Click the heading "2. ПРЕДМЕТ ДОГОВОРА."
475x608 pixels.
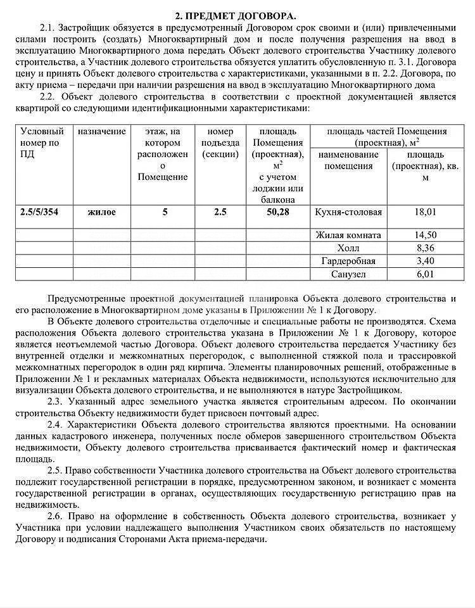click(236, 15)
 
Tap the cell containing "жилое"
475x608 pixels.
click(101, 212)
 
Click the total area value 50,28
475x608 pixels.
click(277, 212)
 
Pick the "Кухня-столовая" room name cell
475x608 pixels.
click(348, 212)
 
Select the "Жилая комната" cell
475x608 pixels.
click(348, 235)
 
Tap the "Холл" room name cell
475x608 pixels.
click(348, 248)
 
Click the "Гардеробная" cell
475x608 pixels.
click(348, 261)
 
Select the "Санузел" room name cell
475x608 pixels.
click(348, 274)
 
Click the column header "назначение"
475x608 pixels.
click(101, 132)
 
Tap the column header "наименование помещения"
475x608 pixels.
click(348, 160)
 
